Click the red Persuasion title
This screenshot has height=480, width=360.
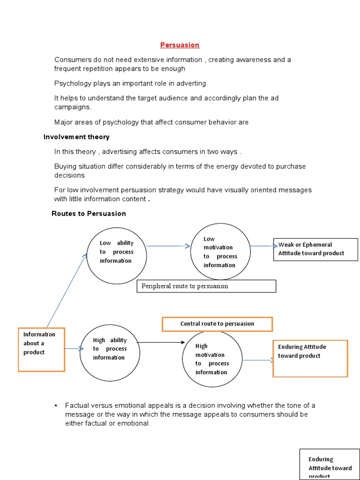[180, 45]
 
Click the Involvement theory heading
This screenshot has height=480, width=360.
[76, 137]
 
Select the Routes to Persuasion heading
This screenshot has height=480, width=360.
[89, 213]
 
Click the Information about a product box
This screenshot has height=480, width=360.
[41, 349]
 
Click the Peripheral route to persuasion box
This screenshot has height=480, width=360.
[206, 286]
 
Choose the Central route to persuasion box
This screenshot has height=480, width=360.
[217, 324]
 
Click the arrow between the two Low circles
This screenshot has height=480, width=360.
[168, 246]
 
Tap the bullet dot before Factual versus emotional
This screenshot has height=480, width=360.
[55, 405]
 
